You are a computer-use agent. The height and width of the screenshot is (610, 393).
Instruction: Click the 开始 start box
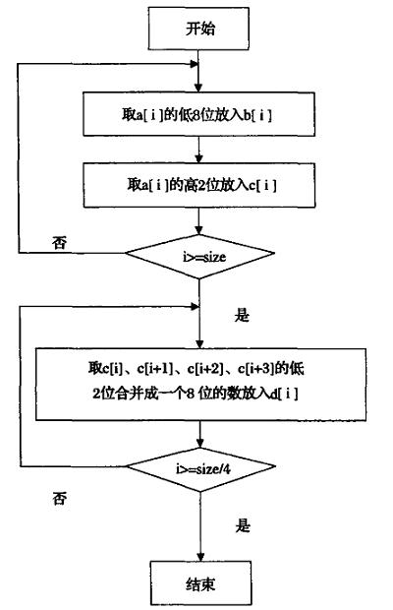[198, 29]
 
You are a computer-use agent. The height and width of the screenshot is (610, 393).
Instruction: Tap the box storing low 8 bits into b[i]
[198, 114]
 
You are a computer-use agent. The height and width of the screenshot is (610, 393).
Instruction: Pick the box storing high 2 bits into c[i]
[199, 185]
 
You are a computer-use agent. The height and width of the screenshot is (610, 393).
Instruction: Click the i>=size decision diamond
[199, 257]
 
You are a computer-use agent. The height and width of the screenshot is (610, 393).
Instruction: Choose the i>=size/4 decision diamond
[200, 468]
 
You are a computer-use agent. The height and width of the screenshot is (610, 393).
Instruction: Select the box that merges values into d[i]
[200, 384]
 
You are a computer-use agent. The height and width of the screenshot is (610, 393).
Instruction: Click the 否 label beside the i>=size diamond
[59, 243]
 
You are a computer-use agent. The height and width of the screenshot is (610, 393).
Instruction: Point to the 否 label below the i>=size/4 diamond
[59, 499]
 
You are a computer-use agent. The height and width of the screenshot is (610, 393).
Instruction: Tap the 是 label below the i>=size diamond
[242, 315]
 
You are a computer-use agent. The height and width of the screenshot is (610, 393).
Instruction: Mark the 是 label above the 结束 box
[243, 525]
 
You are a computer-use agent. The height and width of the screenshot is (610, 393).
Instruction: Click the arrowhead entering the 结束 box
[200, 557]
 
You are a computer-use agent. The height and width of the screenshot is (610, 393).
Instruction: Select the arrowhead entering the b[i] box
[198, 88]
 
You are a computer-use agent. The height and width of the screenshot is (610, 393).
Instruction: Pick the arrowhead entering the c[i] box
[198, 159]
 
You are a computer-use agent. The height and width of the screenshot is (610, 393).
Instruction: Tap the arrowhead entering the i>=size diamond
[199, 230]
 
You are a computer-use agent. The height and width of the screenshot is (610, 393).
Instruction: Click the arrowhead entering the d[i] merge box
[199, 344]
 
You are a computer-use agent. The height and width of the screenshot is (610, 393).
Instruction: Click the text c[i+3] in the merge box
[255, 368]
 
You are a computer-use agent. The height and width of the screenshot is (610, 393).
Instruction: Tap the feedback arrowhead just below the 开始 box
[195, 64]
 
